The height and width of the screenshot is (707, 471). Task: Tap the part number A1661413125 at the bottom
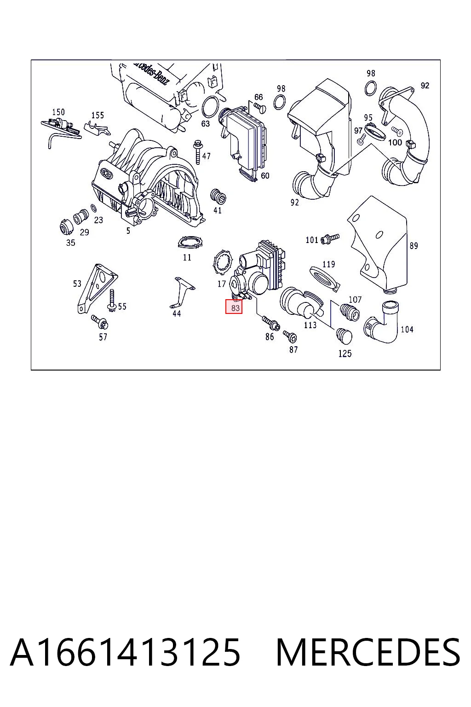click(126, 653)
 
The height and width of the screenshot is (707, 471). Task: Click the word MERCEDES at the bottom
click(368, 653)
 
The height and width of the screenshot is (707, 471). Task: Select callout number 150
click(58, 112)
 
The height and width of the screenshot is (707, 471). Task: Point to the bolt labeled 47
click(198, 152)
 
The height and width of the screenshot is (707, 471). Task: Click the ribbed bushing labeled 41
click(218, 196)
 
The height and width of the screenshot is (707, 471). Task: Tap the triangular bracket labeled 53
click(97, 288)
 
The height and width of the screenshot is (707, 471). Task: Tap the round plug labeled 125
click(344, 337)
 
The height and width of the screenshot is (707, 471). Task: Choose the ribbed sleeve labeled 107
click(350, 312)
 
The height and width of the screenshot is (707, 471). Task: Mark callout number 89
click(413, 245)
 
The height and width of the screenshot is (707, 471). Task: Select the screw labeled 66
click(260, 108)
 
